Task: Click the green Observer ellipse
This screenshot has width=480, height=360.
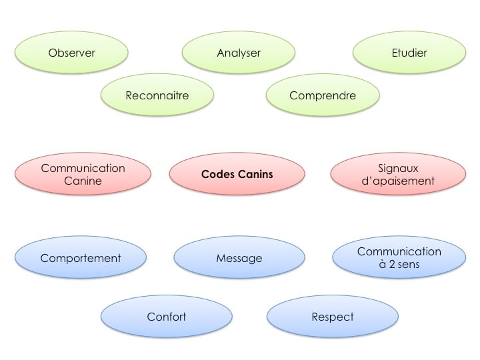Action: coord(71,53)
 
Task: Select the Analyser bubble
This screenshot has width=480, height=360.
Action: coord(239,53)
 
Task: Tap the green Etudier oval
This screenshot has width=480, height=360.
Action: coord(409,53)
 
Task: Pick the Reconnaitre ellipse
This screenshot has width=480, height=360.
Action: coord(157,95)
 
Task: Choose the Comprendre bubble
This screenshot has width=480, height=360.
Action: coord(323,95)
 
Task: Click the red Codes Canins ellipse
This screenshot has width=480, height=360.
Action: coord(237,175)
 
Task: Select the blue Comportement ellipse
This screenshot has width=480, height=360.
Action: coord(81,258)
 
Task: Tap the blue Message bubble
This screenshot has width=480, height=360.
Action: coord(239,258)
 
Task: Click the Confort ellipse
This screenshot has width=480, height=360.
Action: coord(167,317)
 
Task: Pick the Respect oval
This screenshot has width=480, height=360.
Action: coord(333,317)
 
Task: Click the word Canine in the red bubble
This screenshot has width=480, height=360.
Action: coord(83,181)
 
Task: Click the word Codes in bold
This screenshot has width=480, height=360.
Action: coord(218,175)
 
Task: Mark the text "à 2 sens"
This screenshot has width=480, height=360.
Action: coord(399,265)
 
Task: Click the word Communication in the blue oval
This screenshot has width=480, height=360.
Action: coord(399,252)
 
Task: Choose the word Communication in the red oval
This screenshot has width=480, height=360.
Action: coord(83,168)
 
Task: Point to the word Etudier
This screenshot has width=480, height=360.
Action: coord(409,53)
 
